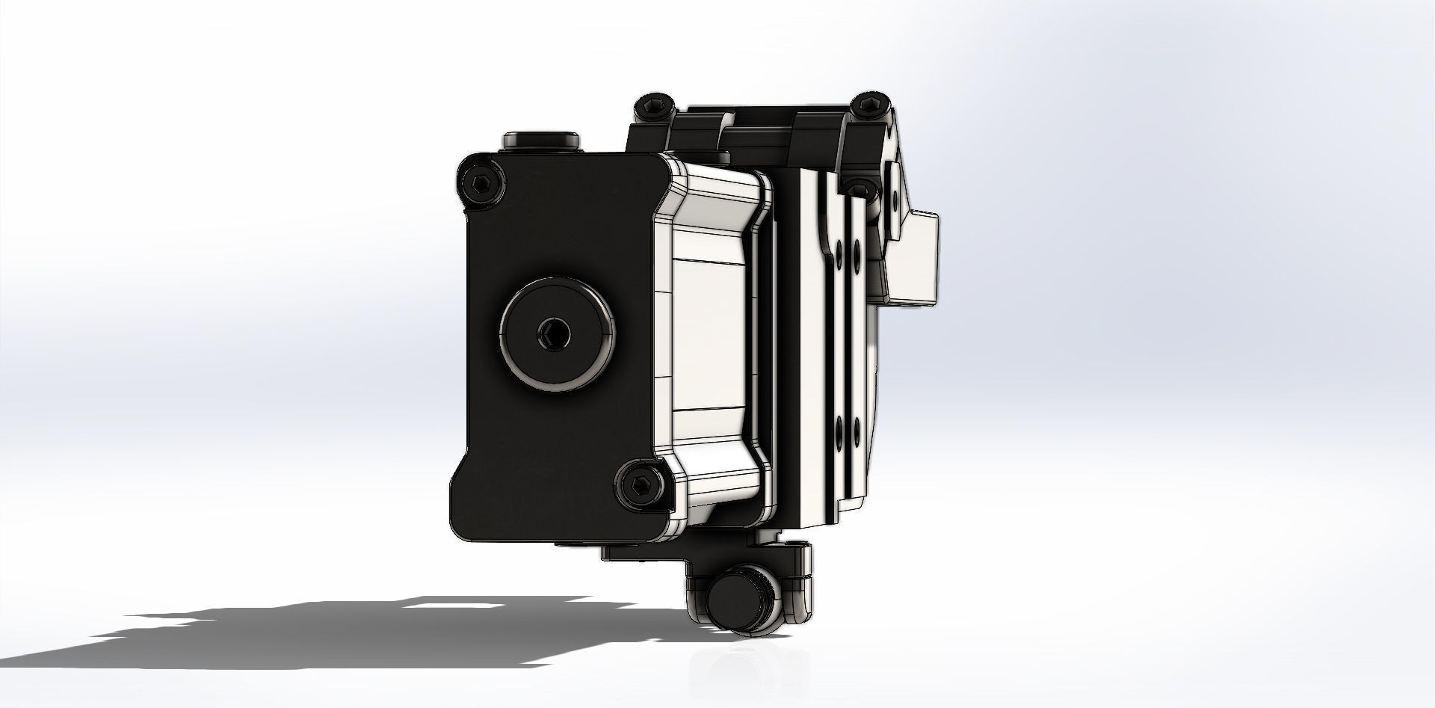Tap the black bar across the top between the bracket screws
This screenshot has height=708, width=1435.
pos(755,120)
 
